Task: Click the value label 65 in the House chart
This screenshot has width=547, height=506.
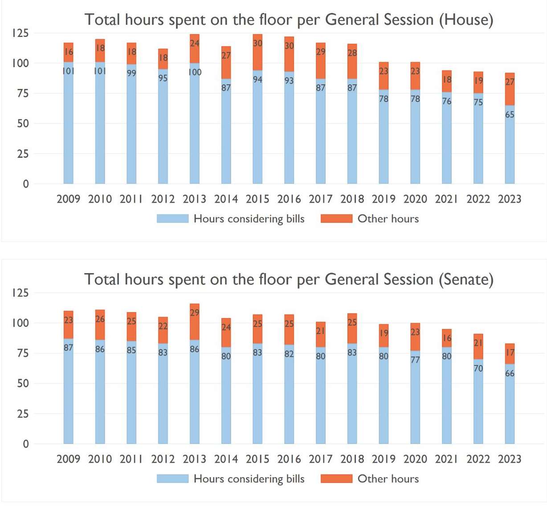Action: [x=510, y=114]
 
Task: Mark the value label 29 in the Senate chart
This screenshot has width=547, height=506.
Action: [x=195, y=312]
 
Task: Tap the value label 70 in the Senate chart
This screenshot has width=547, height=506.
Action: [x=478, y=368]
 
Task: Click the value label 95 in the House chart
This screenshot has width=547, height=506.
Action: [x=163, y=78]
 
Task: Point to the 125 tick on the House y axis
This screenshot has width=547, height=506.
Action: [x=20, y=33]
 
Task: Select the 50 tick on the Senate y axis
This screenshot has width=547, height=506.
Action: [x=23, y=383]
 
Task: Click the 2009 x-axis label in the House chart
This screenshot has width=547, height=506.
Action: [x=68, y=199]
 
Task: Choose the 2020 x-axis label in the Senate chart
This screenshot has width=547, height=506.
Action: [x=415, y=459]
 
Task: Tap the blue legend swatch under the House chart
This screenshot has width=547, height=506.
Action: [x=172, y=219]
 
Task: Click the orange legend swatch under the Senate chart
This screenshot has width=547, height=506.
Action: [x=336, y=478]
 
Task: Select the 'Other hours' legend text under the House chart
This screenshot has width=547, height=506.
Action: [x=388, y=219]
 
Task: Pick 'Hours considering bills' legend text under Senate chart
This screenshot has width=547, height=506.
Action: [x=249, y=478]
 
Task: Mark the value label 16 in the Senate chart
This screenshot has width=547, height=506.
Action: [x=447, y=338]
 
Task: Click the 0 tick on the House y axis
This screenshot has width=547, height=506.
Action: [x=26, y=184]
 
